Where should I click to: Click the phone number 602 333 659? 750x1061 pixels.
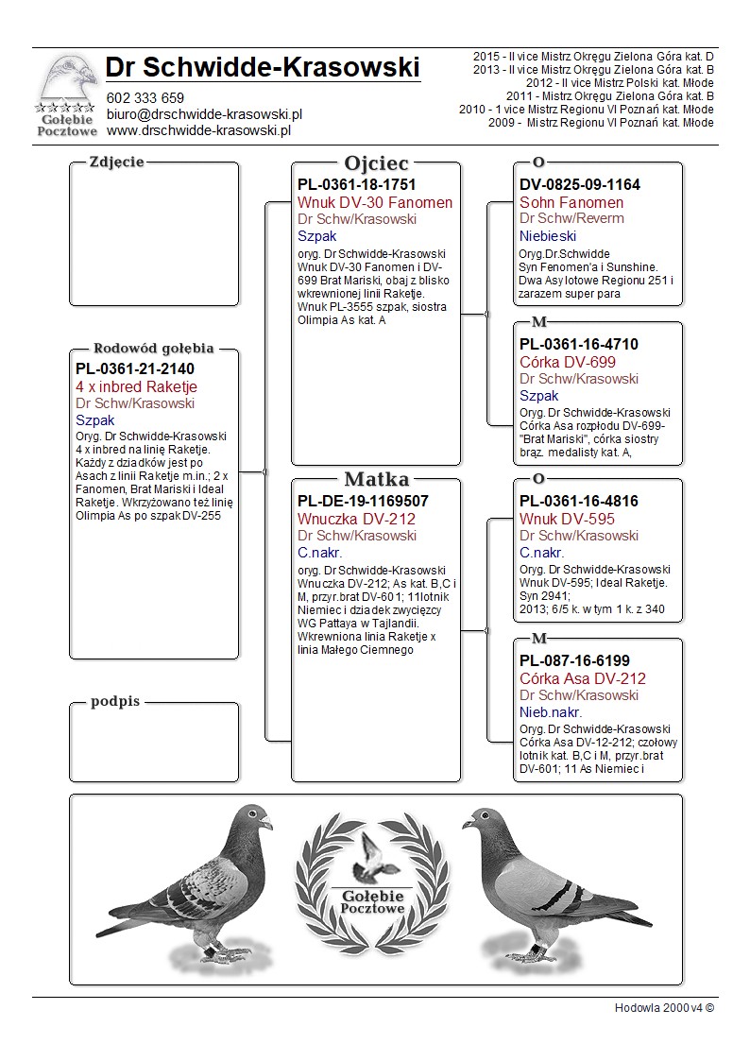145,97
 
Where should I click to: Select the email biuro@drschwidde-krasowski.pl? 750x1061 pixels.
203,113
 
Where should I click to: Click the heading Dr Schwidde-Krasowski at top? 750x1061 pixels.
263,67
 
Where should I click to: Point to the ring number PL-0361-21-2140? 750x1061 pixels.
136,369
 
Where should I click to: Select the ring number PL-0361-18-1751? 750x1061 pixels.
356,185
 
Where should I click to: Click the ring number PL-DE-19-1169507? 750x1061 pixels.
363,502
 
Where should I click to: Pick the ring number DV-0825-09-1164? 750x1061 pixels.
579,185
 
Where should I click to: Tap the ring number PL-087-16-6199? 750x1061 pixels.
574,660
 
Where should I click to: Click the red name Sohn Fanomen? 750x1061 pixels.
571,202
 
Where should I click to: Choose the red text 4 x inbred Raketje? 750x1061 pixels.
136,386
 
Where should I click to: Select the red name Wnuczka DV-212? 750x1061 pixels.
356,519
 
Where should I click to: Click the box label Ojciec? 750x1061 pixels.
376,163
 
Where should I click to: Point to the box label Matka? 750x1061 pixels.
376,479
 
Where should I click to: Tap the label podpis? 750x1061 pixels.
115,701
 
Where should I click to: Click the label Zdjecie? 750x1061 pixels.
116,162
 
